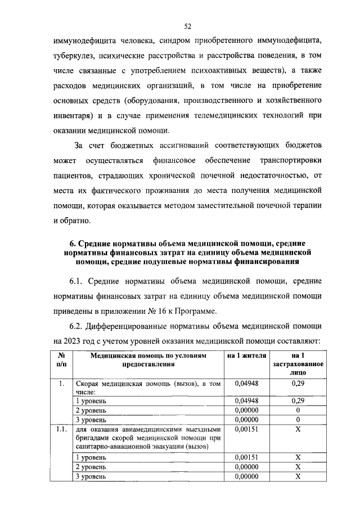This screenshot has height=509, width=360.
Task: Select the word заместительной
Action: (213, 206)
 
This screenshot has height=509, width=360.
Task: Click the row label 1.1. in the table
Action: (62, 430)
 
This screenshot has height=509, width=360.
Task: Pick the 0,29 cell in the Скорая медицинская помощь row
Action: (298, 383)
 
